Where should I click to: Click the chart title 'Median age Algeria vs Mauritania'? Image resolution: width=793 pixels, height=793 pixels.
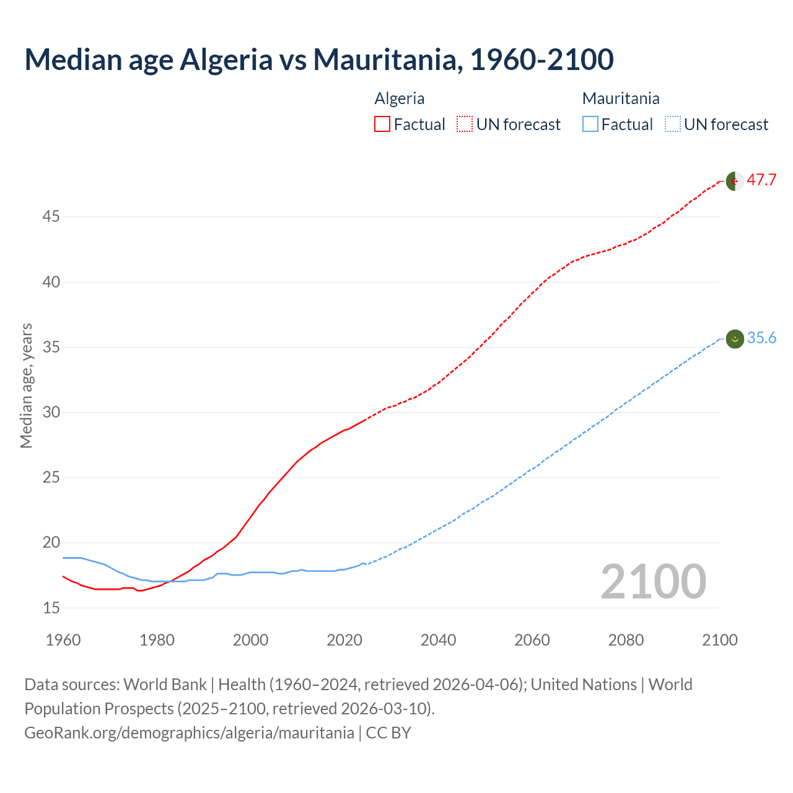[x=319, y=59]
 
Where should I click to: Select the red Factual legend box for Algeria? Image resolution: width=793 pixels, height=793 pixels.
[x=382, y=125]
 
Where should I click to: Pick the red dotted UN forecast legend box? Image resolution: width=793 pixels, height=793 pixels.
[x=465, y=125]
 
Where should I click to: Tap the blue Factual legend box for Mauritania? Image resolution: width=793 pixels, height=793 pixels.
[x=590, y=125]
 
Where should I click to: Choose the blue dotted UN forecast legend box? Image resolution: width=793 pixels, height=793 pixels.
[x=672, y=125]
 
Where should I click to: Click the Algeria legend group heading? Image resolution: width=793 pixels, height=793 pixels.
[x=400, y=99]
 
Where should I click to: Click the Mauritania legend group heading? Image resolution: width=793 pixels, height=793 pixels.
[x=621, y=99]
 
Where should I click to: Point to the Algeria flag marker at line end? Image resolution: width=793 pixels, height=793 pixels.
[x=735, y=181]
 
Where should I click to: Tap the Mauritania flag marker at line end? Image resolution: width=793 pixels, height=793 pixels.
[x=735, y=338]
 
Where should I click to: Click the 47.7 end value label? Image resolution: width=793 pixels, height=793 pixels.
[x=761, y=180]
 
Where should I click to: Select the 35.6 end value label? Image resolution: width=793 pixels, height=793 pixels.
[x=761, y=338]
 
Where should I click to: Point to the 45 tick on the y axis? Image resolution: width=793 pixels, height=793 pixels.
[x=51, y=217]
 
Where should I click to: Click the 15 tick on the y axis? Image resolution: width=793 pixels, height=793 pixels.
[x=51, y=608]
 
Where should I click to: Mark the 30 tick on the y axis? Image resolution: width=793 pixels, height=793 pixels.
[x=51, y=412]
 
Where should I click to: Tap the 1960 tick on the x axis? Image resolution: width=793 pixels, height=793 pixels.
[x=63, y=640]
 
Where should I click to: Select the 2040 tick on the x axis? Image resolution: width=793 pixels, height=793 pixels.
[x=438, y=640]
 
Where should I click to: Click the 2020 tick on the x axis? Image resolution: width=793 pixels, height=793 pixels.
[x=344, y=640]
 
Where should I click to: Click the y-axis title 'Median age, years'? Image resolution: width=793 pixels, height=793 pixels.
[x=26, y=385]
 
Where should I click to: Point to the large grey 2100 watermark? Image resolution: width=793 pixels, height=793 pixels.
[x=654, y=582]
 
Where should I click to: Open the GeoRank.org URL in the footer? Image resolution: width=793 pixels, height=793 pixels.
[x=189, y=733]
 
